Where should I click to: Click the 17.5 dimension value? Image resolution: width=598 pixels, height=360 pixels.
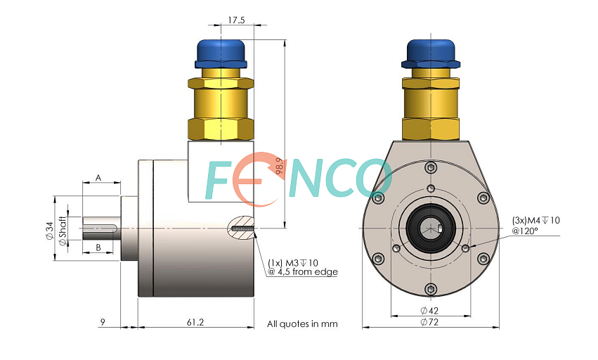click(236, 20)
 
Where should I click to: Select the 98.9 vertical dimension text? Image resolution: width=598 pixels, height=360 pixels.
click(280, 167)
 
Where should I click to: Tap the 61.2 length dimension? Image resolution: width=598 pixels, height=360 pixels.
click(195, 323)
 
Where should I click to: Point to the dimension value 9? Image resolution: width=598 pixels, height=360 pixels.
click(103, 323)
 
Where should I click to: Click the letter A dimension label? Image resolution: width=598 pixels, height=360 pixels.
click(98, 178)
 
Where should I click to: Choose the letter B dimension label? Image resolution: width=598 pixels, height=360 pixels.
click(98, 247)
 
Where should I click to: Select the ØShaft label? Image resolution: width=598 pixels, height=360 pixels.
click(63, 231)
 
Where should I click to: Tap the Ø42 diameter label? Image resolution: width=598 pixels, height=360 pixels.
click(429, 311)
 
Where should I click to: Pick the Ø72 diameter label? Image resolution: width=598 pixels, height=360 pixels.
click(429, 322)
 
